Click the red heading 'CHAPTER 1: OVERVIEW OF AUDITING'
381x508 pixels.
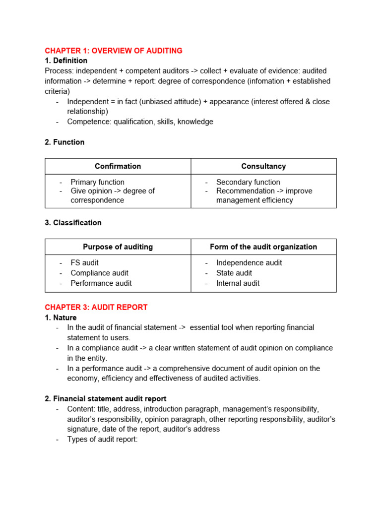pos(114,51)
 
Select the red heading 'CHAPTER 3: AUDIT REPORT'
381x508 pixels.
pos(96,307)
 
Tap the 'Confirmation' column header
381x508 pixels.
pos(118,166)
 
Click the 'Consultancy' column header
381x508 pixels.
pos(263,166)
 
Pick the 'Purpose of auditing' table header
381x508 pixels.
pos(118,247)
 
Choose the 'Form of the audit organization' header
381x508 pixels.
pos(263,247)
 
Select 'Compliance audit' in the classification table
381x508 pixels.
pos(99,273)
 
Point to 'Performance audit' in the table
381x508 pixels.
pos(101,283)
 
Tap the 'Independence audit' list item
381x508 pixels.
pos(249,262)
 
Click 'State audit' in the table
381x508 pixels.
pos(234,273)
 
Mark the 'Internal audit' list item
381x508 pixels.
pos(238,283)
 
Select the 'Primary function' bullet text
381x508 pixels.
pos(97,182)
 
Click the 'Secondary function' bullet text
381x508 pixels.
pos(248,182)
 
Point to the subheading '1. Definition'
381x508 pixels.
pos(66,61)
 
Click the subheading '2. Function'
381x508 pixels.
pos(64,142)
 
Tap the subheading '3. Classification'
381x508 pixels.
pos(73,223)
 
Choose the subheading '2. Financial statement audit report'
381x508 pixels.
pos(106,398)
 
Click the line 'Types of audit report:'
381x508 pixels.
pos(102,439)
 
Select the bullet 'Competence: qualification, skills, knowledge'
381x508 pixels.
pos(140,122)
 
